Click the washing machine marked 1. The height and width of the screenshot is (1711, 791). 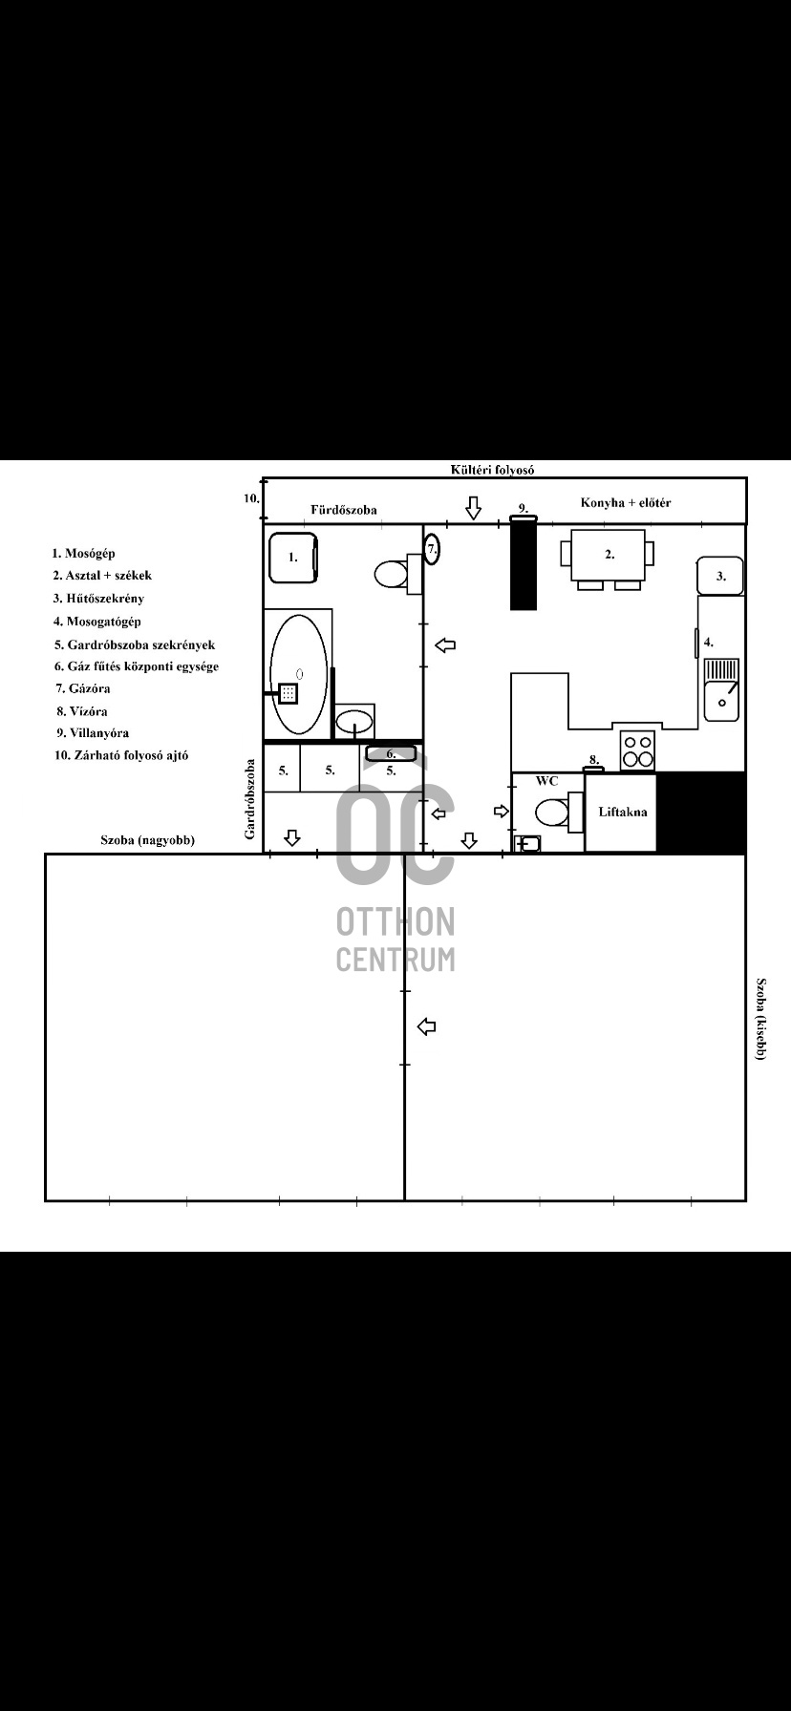293,557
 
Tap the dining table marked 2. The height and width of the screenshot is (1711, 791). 608,555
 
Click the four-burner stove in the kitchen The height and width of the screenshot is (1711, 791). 637,750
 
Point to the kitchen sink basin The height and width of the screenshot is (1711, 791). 721,689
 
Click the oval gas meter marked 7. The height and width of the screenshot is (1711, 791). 432,549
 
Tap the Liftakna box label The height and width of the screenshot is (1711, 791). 622,812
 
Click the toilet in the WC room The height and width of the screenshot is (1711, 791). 559,813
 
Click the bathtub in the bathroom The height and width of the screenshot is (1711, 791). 298,674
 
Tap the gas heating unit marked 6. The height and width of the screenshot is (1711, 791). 391,753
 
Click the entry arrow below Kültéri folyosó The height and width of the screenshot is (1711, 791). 473,508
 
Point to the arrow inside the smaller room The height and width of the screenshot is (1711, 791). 428,1026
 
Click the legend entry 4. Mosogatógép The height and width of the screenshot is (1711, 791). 97,622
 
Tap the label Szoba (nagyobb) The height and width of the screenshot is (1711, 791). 148,840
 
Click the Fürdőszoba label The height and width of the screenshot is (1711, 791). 344,510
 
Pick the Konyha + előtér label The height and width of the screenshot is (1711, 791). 626,502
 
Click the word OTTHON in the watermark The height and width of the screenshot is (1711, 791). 395,921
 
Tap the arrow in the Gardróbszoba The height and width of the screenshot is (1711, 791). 292,838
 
